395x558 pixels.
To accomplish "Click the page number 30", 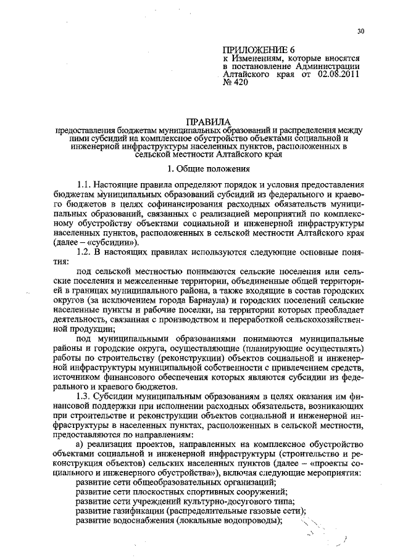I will coord(360,32).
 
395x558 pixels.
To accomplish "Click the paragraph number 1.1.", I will coord(83,185).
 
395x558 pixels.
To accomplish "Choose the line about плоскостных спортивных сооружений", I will coord(182,491).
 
